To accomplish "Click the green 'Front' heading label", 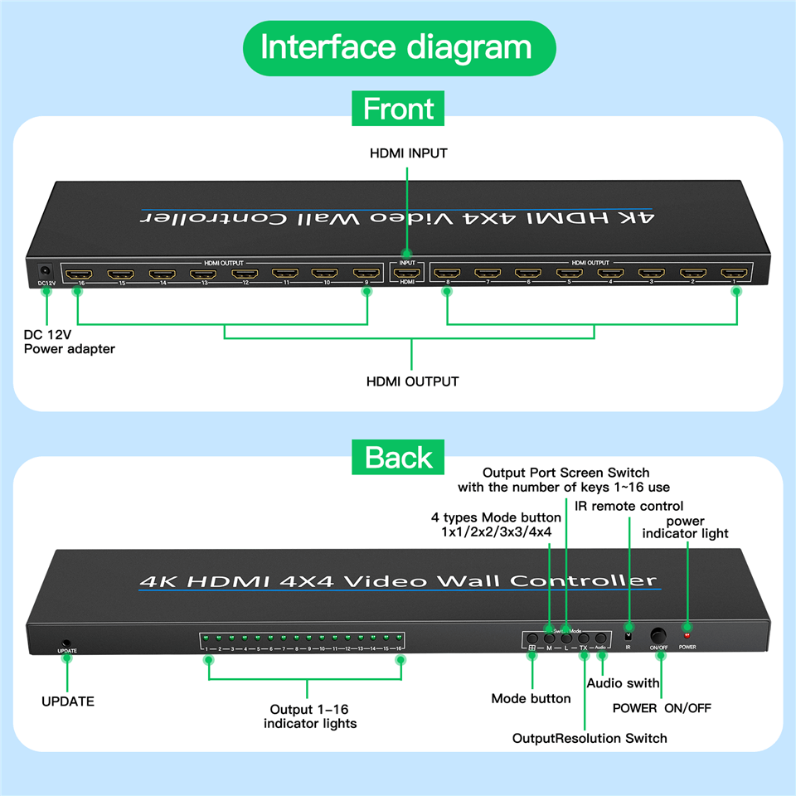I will tap(398, 109).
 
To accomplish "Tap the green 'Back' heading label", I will tap(398, 457).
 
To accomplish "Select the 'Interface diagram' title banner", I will tap(398, 48).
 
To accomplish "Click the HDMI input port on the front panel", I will tap(407, 272).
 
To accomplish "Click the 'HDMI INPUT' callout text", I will tap(408, 153).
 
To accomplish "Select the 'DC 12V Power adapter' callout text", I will tap(70, 342).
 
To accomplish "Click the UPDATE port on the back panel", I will tap(66, 642).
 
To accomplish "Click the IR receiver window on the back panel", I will tap(629, 637).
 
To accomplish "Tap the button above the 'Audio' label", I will tap(601, 639).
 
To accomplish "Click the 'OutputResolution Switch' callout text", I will tap(590, 738).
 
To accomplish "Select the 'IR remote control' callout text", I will tap(629, 506).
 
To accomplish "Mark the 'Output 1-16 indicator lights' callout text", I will tap(310, 716).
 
